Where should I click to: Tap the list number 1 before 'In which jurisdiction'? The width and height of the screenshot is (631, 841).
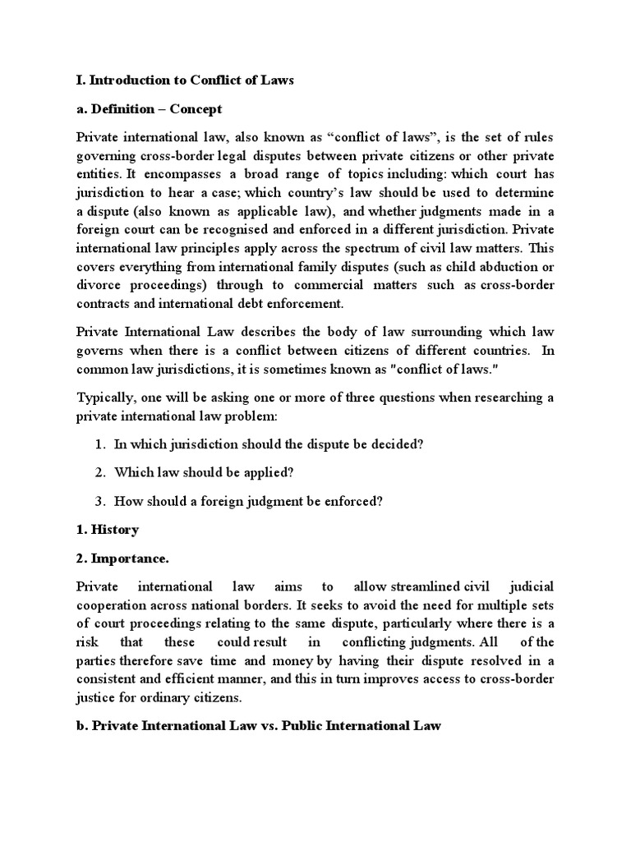pos(99,444)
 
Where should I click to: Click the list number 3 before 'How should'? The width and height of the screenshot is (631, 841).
pos(99,501)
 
